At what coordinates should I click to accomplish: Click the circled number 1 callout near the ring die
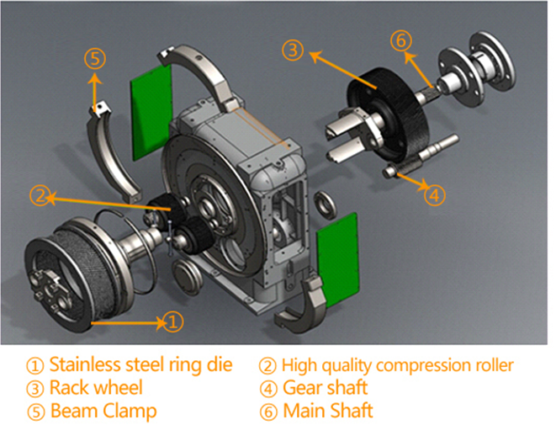(x=172, y=321)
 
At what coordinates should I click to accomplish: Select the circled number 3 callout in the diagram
(x=291, y=50)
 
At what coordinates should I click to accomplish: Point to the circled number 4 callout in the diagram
(x=432, y=195)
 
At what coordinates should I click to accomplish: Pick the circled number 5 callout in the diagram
(x=95, y=58)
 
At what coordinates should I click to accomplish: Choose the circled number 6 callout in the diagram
(x=401, y=39)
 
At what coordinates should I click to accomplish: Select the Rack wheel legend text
(x=85, y=388)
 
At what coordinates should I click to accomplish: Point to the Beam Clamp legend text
(x=92, y=411)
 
